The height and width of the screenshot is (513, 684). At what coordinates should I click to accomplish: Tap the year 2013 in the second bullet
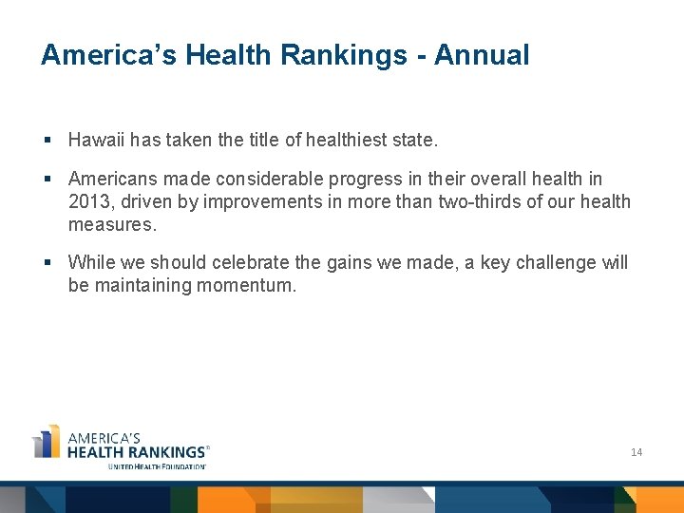coord(89,201)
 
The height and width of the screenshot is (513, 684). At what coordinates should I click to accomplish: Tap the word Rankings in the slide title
coord(341,55)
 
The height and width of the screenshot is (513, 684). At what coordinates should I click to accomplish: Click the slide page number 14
coord(636,452)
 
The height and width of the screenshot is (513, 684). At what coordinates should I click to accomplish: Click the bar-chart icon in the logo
coord(47,442)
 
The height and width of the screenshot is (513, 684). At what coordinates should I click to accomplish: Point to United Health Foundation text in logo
coord(158,466)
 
